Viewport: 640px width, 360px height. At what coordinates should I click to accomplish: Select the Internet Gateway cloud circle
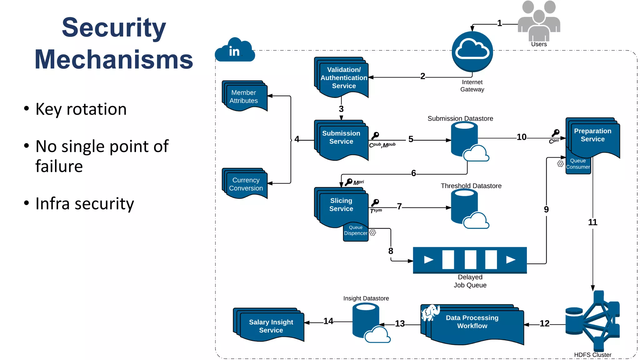click(x=472, y=52)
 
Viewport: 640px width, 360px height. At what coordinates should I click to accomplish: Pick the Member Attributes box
click(x=245, y=97)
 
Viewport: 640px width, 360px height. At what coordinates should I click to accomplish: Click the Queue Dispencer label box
click(x=356, y=232)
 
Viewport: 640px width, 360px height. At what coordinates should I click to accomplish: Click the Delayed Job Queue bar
click(x=470, y=260)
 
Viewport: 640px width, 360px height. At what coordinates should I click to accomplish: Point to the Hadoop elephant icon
click(x=431, y=312)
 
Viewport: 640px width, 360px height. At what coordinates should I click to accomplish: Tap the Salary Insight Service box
click(x=270, y=326)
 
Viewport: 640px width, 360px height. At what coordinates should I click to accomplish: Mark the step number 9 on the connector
click(x=546, y=209)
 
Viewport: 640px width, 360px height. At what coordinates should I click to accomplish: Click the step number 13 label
click(x=400, y=324)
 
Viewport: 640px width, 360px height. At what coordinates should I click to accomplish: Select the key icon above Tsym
click(x=375, y=203)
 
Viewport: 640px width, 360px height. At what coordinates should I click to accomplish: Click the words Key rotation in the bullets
click(x=81, y=109)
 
